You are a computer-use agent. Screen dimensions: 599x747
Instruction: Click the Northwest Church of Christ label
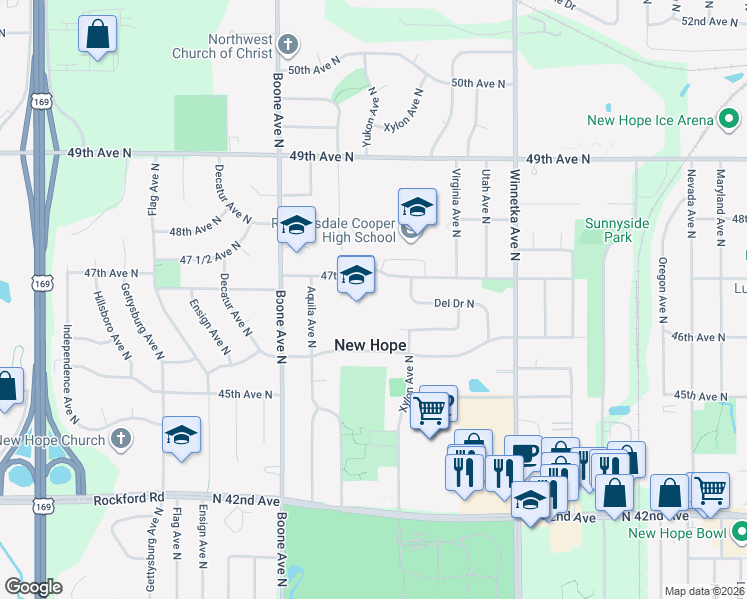click(x=240, y=46)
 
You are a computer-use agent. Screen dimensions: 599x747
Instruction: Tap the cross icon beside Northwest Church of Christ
click(x=288, y=45)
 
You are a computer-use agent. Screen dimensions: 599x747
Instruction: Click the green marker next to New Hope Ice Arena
click(x=730, y=120)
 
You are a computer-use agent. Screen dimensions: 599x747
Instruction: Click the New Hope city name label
click(x=371, y=345)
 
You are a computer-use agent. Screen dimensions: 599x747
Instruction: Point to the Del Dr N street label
click(x=454, y=303)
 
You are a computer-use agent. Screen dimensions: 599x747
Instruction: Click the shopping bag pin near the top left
click(x=98, y=35)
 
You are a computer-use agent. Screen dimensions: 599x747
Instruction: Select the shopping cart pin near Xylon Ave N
click(x=430, y=410)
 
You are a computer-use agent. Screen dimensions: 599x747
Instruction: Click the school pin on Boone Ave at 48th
click(x=296, y=226)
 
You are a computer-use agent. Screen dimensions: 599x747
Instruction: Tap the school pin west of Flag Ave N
click(x=181, y=435)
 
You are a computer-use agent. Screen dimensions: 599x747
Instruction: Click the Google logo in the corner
click(x=34, y=587)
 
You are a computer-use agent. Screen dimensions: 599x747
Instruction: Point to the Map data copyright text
click(x=704, y=591)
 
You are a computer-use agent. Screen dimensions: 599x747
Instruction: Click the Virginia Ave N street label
click(x=455, y=202)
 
